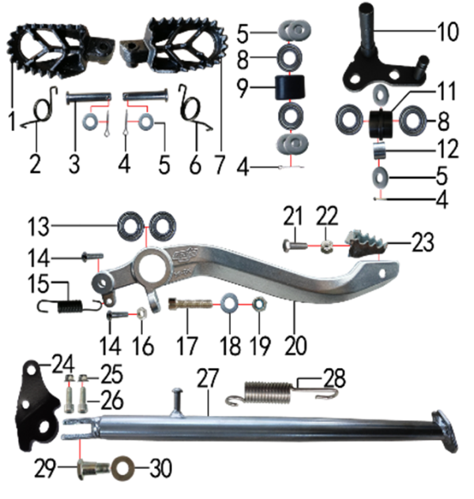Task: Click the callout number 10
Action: point(448,32)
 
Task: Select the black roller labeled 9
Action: point(289,87)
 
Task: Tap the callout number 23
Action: point(423,242)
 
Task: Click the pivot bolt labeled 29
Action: point(92,468)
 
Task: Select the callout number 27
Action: point(208,378)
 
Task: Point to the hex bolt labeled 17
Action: point(190,304)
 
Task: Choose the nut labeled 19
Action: point(259,304)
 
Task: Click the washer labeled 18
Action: point(229,304)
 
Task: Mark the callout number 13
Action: point(39,227)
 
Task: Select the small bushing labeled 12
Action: point(380,151)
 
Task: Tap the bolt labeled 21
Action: point(295,246)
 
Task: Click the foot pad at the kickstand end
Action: point(445,431)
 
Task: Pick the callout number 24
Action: point(63,365)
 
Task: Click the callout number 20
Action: point(296,345)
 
